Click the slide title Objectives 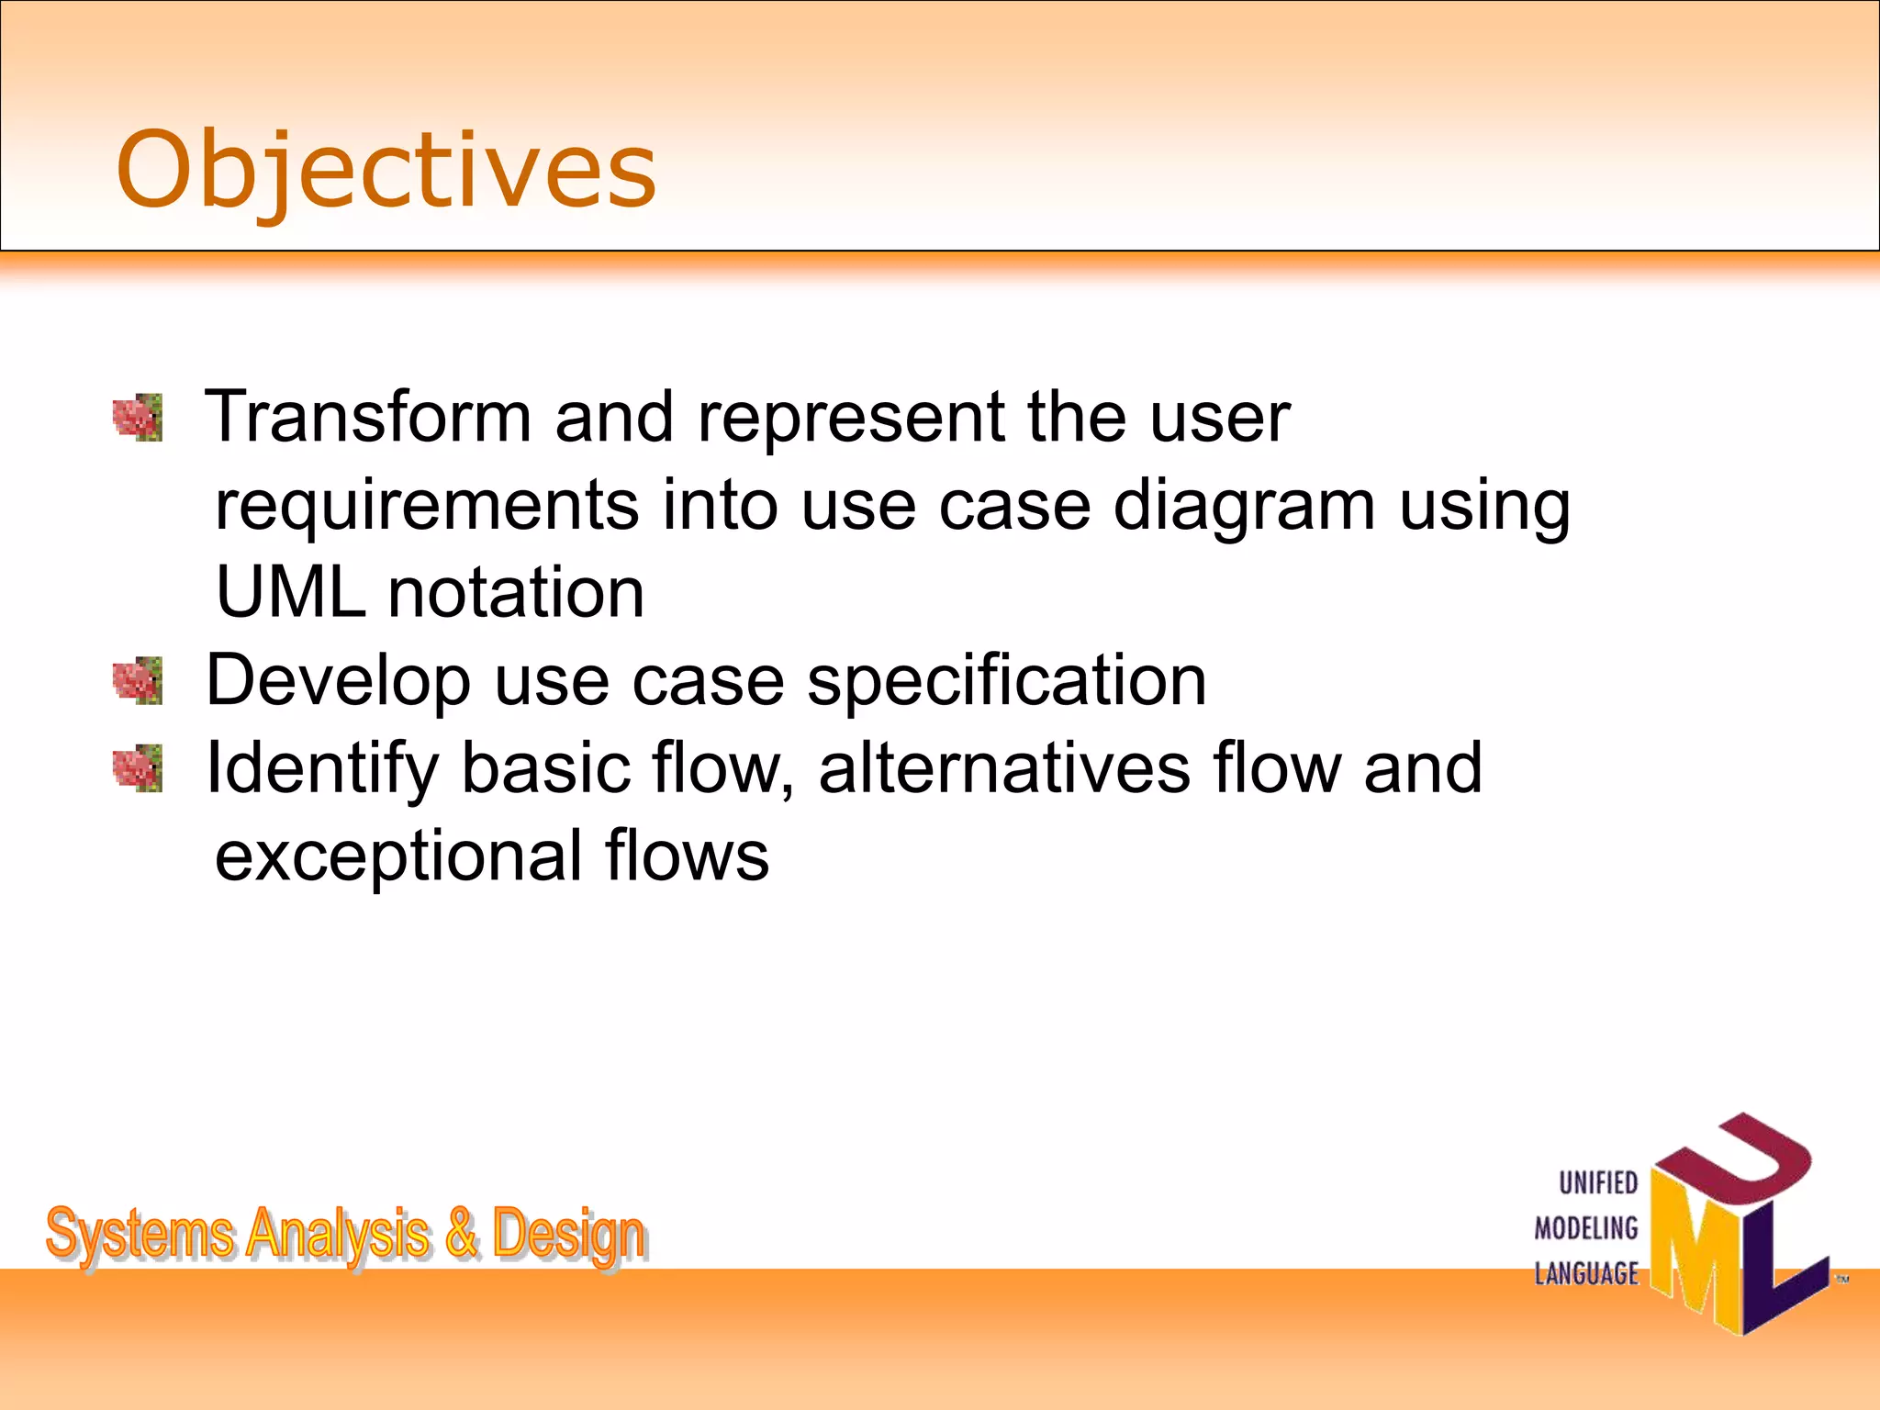[386, 171]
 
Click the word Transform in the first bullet [367, 418]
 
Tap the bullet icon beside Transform [138, 418]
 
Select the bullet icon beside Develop [138, 681]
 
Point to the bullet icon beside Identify [138, 768]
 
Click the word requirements [426, 507]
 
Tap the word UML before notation [290, 593]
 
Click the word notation [516, 593]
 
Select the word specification [1006, 681]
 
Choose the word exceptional [397, 856]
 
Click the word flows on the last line [687, 856]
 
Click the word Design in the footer [568, 1235]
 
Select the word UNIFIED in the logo [1598, 1183]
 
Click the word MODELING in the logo [1586, 1228]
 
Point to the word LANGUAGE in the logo [1586, 1274]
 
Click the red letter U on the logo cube [1735, 1166]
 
